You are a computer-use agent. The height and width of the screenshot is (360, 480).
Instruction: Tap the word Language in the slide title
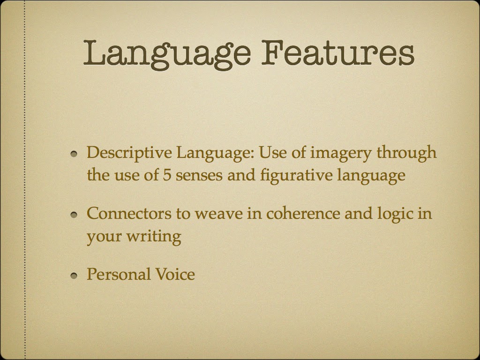tap(167, 55)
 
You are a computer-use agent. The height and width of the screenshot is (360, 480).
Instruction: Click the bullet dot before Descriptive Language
tap(74, 154)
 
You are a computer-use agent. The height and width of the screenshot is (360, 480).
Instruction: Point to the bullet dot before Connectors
tap(74, 215)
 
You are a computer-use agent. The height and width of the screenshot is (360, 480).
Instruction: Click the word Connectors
tap(129, 213)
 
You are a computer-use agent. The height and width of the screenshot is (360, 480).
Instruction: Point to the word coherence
tap(303, 213)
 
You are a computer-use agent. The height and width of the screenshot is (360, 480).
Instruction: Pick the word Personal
tap(119, 274)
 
